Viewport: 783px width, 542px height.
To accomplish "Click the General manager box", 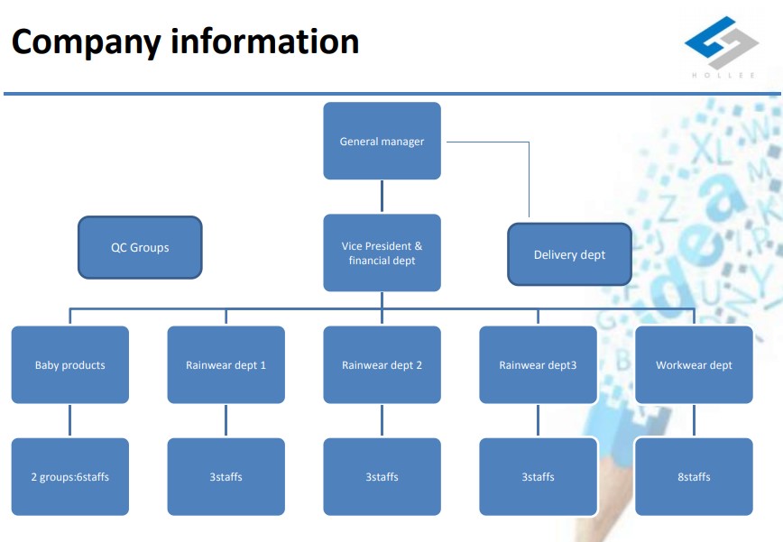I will click(382, 141).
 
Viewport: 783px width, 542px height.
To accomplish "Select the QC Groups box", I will click(140, 247).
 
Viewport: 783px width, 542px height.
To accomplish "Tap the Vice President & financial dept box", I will click(382, 253).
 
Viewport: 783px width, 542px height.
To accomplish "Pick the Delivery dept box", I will click(569, 254).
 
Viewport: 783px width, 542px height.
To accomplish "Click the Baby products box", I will click(70, 364).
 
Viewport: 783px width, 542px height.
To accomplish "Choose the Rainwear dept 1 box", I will click(226, 364).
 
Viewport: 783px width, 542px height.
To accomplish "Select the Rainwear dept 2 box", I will click(382, 364).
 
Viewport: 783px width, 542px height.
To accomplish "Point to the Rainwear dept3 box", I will click(538, 364).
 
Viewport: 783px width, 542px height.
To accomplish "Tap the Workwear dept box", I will click(694, 364).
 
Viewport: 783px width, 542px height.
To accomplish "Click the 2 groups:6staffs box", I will click(70, 476).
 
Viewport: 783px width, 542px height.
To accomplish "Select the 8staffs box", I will click(694, 476).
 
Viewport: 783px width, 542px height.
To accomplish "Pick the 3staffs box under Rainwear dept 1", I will click(226, 476).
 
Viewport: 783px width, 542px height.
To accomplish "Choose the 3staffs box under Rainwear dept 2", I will click(382, 476).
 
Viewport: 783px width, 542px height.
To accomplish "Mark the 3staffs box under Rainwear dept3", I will click(538, 476).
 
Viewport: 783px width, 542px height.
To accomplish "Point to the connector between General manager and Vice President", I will click(382, 197).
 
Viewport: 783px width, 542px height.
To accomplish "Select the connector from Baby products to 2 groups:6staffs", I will click(70, 420).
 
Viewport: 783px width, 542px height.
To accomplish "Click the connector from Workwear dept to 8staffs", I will click(694, 420).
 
